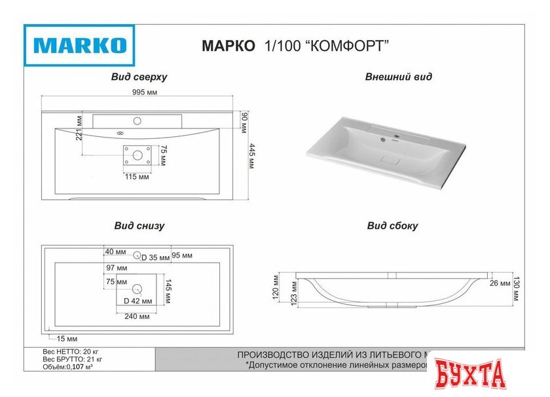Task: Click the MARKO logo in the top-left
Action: [79, 45]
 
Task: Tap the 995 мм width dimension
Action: [145, 92]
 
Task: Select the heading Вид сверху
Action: [139, 77]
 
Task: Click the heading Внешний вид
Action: [398, 77]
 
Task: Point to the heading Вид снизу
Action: [139, 226]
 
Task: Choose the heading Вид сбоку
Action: [392, 226]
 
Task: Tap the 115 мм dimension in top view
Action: [137, 177]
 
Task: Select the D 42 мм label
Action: [139, 301]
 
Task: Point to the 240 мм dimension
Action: [136, 316]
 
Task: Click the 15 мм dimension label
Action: [67, 339]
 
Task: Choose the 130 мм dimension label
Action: [517, 287]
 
